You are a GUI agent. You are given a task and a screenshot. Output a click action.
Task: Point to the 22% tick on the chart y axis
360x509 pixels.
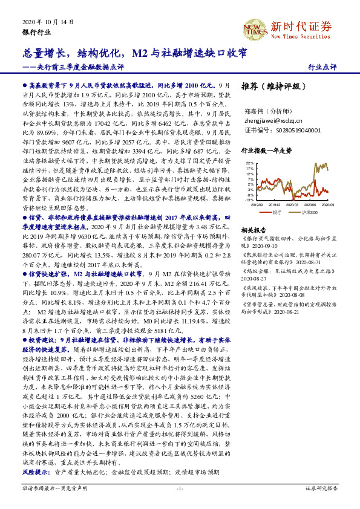tap(250, 163)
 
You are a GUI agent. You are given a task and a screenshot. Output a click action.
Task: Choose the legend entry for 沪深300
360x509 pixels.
tap(306, 213)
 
